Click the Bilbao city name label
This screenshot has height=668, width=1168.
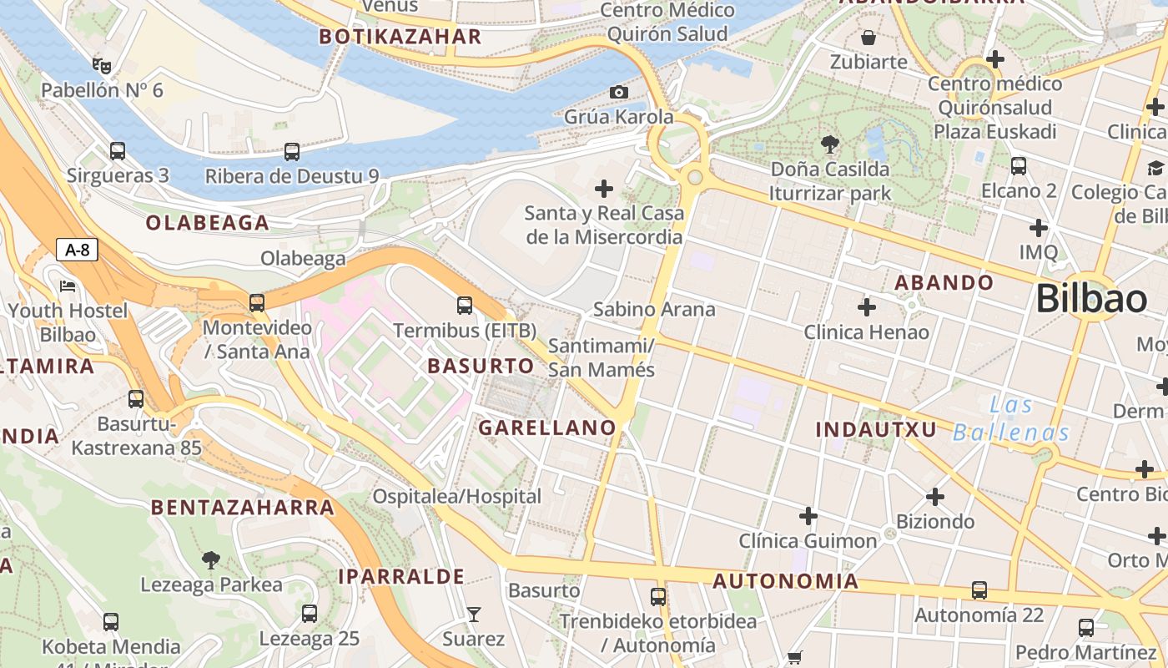[x=1091, y=299]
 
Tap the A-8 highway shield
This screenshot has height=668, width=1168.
[x=78, y=250]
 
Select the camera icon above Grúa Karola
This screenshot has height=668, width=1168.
[x=618, y=92]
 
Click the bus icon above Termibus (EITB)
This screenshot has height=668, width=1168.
[x=465, y=306]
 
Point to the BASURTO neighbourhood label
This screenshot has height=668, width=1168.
[x=481, y=366]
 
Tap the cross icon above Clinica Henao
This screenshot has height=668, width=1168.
[x=867, y=307]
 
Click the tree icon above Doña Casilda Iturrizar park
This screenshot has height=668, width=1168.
[x=830, y=144]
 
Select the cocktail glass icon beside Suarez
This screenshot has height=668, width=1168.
[x=474, y=615]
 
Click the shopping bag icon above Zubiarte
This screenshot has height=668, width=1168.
[x=868, y=38]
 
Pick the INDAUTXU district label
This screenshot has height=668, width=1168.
[x=875, y=429]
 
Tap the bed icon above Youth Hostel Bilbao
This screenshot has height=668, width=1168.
[x=68, y=286]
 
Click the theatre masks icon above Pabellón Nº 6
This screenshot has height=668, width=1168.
[x=102, y=65]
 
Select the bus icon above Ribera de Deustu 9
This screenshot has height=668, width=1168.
[x=291, y=152]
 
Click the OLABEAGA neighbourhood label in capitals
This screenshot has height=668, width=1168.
[x=208, y=223]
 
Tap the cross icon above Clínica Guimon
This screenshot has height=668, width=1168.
[x=808, y=516]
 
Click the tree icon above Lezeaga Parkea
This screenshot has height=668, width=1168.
[x=211, y=560]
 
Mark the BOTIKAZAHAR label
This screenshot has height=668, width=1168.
[x=400, y=37]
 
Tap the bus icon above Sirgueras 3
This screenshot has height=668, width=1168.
[x=118, y=151]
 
